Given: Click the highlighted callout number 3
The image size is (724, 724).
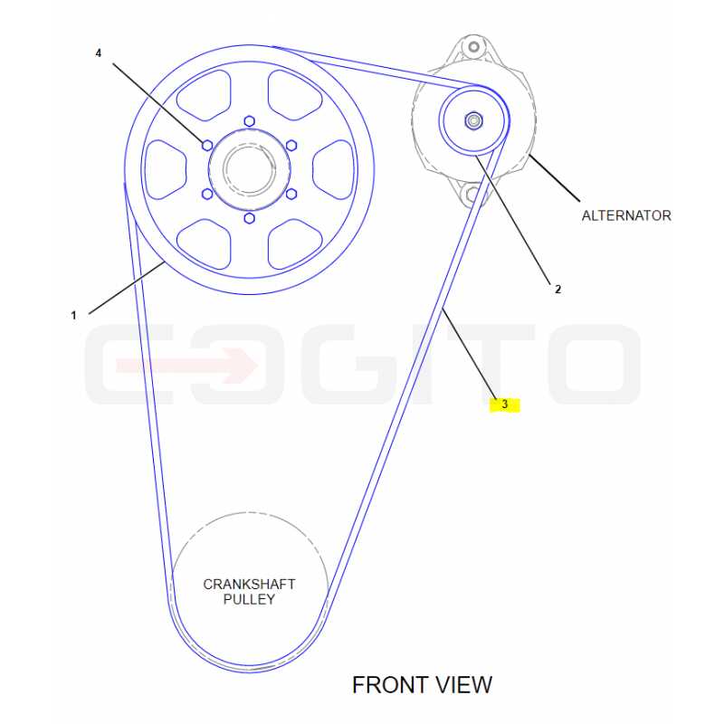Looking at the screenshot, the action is point(504,405).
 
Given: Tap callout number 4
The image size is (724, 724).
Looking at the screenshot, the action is point(98,53).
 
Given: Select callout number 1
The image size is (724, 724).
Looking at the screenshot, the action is point(73,315).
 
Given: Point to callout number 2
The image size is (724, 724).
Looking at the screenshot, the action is point(557,289).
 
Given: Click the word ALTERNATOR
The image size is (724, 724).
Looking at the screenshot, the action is point(626,215).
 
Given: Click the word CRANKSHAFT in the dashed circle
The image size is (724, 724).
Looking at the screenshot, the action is point(250,584).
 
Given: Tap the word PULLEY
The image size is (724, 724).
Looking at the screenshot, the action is point(250,599).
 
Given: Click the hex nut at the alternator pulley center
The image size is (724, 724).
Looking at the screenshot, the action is point(473,121).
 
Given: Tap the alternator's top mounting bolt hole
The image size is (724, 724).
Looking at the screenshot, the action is point(473,47).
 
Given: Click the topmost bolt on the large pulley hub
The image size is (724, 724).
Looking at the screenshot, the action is point(250,121).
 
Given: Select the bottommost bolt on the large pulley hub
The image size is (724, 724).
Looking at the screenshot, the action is point(250,218).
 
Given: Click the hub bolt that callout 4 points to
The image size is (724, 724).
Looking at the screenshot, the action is point(207,146).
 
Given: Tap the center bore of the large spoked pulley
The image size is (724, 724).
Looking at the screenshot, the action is point(250,169).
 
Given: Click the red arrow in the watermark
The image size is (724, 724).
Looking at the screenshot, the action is point(187,366).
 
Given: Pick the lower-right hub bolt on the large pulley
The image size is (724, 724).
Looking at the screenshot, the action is point(291,194).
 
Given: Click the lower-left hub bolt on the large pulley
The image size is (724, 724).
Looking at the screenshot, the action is point(207,194).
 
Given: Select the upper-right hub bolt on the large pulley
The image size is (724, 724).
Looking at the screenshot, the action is point(291,146).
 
